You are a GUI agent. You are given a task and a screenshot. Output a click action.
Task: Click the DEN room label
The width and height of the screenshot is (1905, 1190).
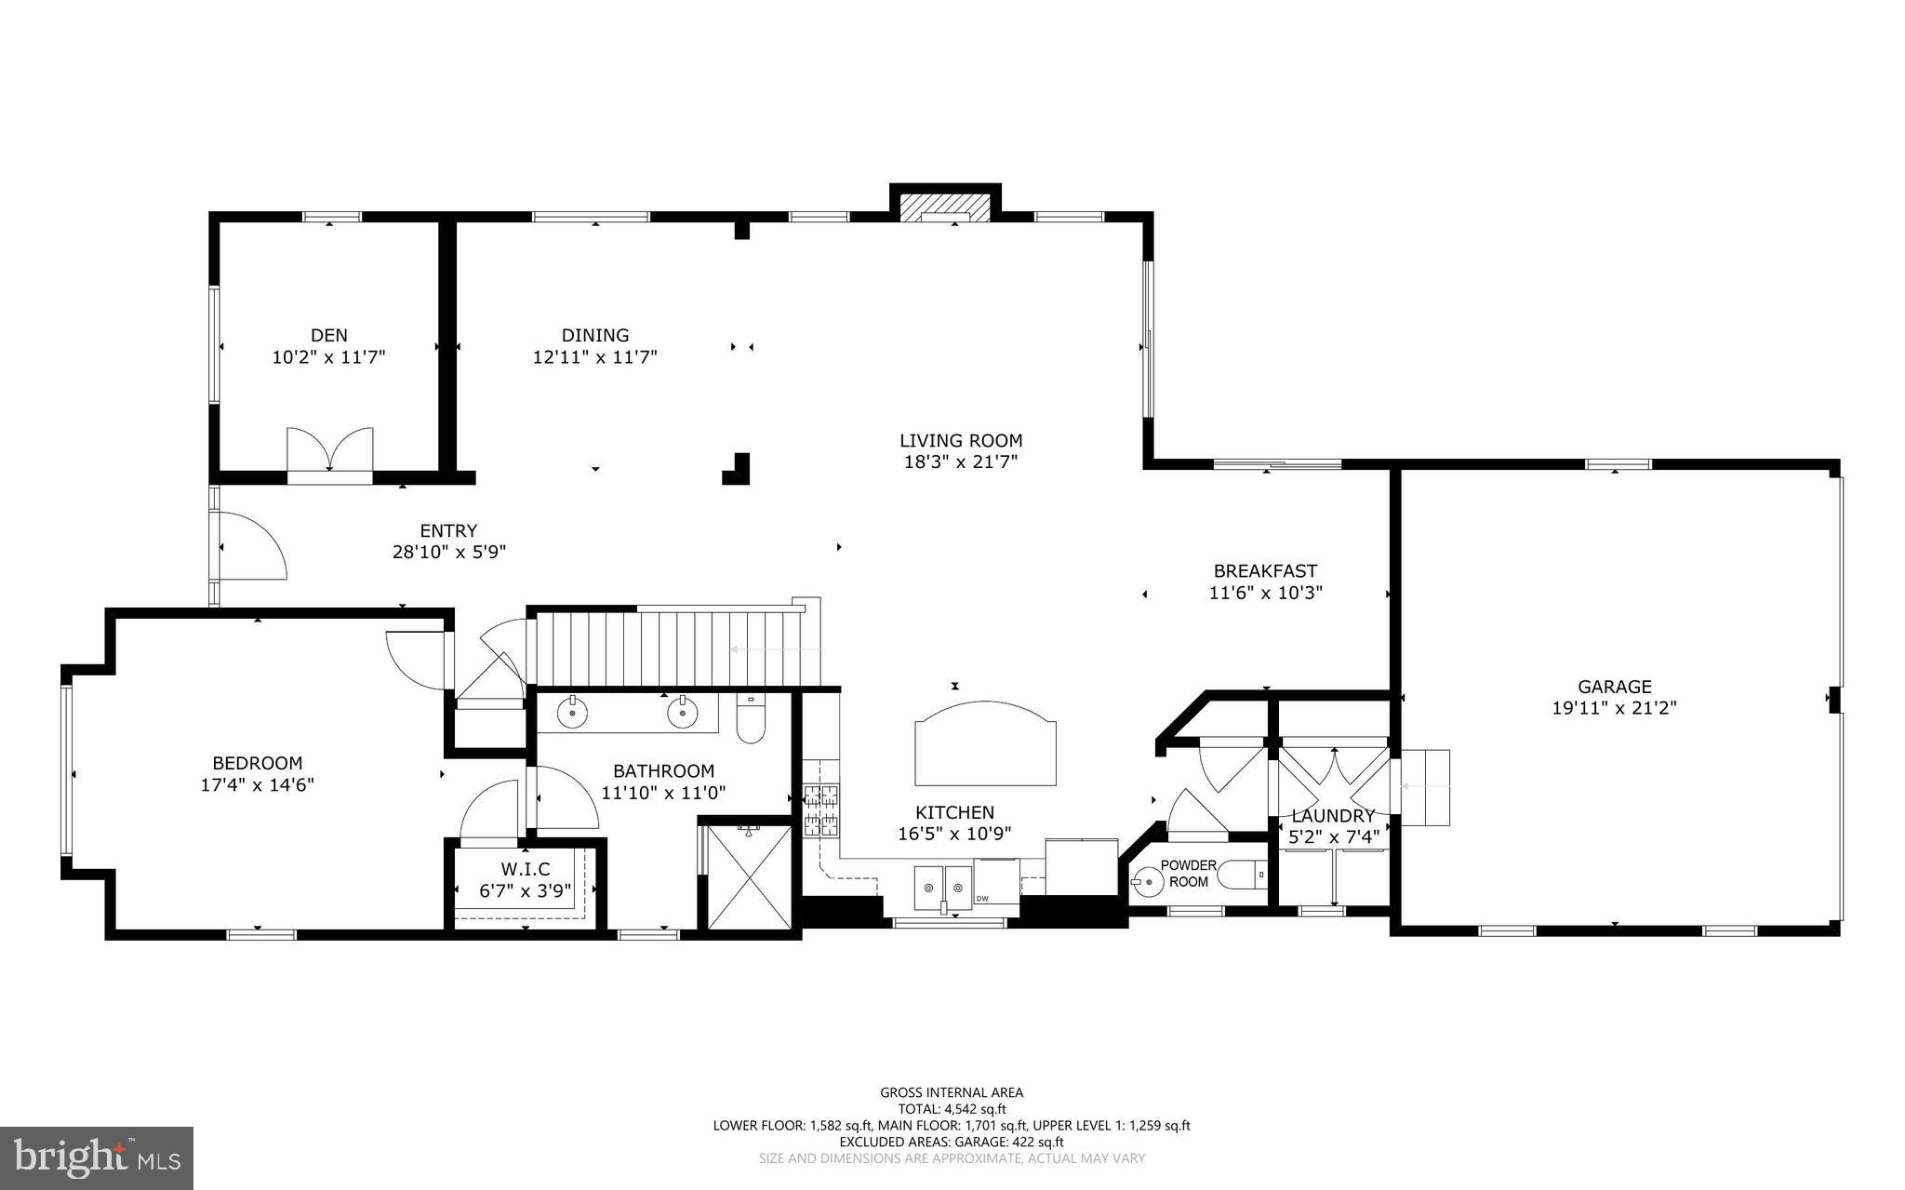coord(329,335)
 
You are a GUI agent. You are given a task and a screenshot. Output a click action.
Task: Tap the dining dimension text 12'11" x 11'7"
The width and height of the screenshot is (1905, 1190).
coord(595,356)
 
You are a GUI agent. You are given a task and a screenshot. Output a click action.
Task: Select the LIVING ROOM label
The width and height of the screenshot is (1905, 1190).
coord(961,440)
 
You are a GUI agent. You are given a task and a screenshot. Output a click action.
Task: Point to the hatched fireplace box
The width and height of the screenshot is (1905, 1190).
coord(946,207)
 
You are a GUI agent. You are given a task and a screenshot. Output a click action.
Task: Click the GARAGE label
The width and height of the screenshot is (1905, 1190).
coord(1615,687)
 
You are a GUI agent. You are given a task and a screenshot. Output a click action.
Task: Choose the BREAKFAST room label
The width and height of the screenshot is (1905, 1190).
coord(1265,571)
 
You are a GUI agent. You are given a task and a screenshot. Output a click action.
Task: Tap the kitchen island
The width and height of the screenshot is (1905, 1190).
coord(986,743)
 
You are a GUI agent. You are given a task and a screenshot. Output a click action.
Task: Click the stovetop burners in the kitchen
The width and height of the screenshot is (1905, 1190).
coord(821,809)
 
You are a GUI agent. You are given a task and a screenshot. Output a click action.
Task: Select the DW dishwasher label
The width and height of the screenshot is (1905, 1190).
coord(982,898)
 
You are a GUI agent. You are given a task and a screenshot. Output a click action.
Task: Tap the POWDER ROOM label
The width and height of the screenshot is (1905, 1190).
coord(1189,874)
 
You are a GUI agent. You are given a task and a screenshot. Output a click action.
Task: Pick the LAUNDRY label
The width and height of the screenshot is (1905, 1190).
coord(1333,816)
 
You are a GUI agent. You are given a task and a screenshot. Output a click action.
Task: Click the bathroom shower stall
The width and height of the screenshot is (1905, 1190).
coord(749,876)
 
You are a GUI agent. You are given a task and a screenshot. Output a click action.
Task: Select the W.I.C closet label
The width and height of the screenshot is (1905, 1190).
coord(526,869)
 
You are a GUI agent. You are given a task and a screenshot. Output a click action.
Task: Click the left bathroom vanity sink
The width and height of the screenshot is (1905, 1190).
coord(572,713)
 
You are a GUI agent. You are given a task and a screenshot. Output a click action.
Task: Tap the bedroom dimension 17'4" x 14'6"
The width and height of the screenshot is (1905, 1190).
coord(258,784)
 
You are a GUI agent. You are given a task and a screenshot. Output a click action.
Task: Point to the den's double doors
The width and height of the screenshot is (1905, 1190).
coord(329,452)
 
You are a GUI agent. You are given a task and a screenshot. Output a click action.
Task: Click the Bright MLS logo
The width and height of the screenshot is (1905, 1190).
coord(97,1158)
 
